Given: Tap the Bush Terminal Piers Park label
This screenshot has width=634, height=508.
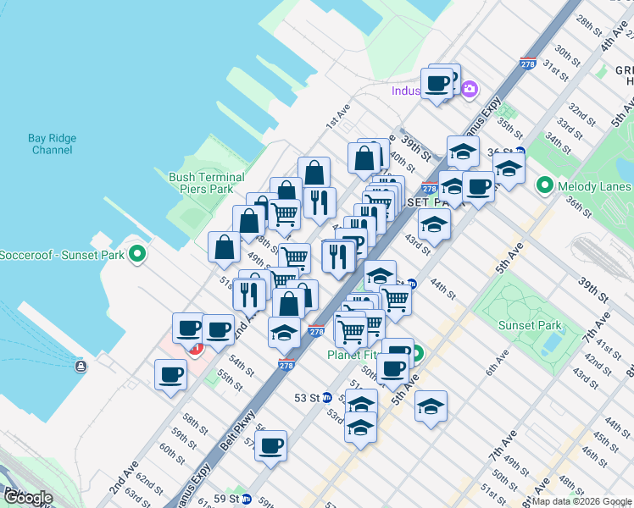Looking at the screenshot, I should click(207, 183).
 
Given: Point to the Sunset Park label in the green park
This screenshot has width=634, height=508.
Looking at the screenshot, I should click(530, 325).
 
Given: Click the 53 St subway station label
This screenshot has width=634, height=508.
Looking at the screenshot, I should click(306, 397).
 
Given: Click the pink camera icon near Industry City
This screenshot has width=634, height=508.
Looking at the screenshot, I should click(470, 89).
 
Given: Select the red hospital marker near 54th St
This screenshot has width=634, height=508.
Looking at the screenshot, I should click(197, 348).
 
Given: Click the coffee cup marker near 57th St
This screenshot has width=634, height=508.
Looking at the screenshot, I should click(271, 446).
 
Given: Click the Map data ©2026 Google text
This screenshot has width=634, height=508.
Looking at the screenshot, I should click(581, 501).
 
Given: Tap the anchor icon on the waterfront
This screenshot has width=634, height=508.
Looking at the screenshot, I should click(80, 367).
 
